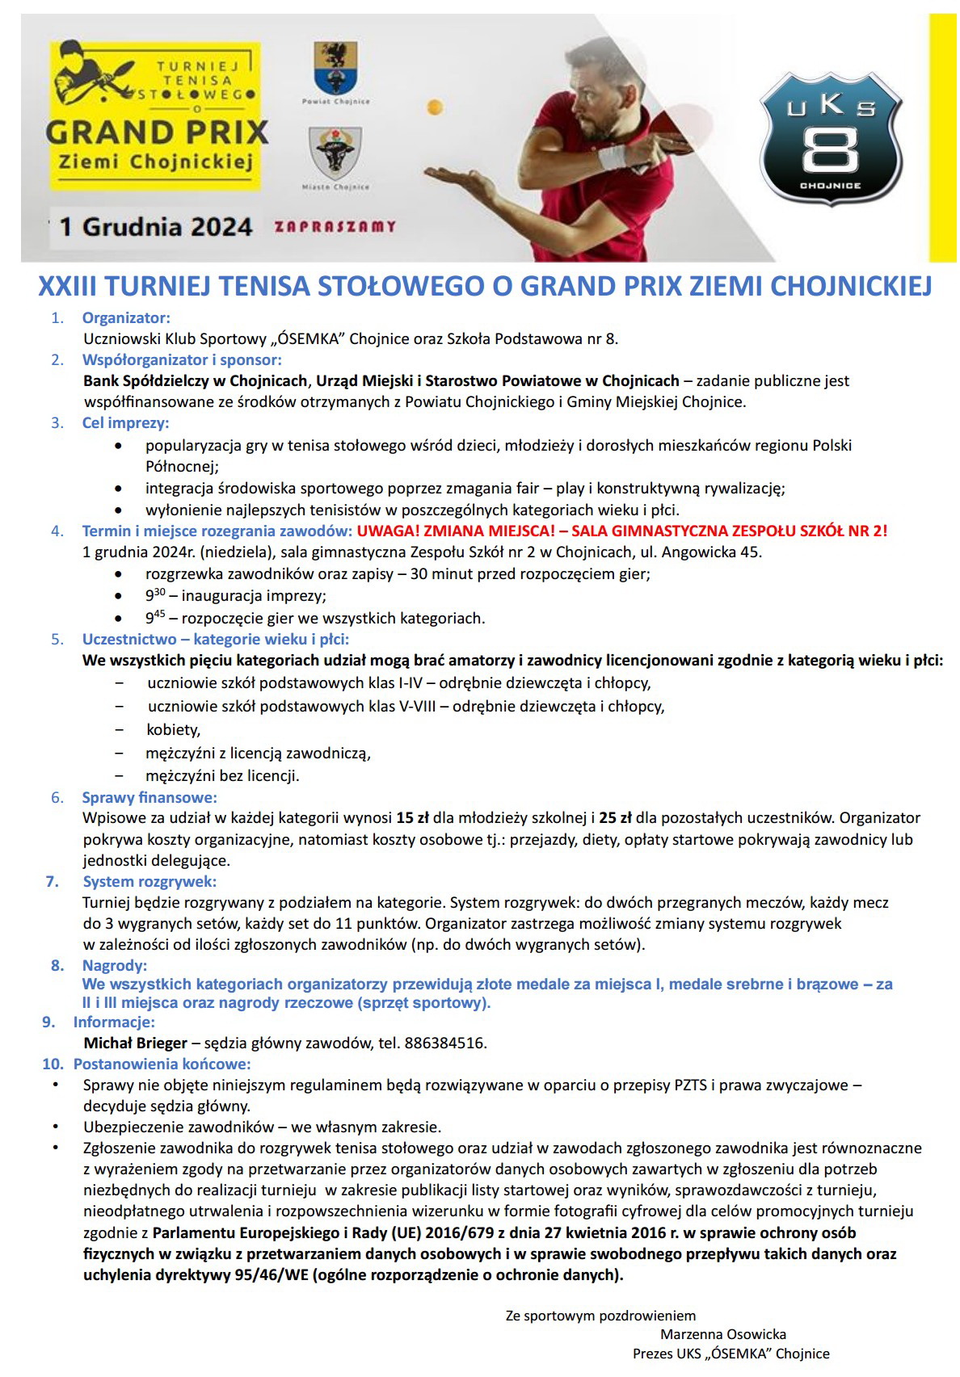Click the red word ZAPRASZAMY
click(335, 227)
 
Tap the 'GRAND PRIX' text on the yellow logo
click(157, 132)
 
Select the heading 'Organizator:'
click(126, 318)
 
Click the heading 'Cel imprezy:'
click(125, 422)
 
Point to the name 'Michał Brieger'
click(135, 1043)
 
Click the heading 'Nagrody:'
click(114, 966)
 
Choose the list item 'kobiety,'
click(173, 730)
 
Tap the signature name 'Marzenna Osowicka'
click(722, 1334)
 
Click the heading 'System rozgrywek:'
click(149, 881)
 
